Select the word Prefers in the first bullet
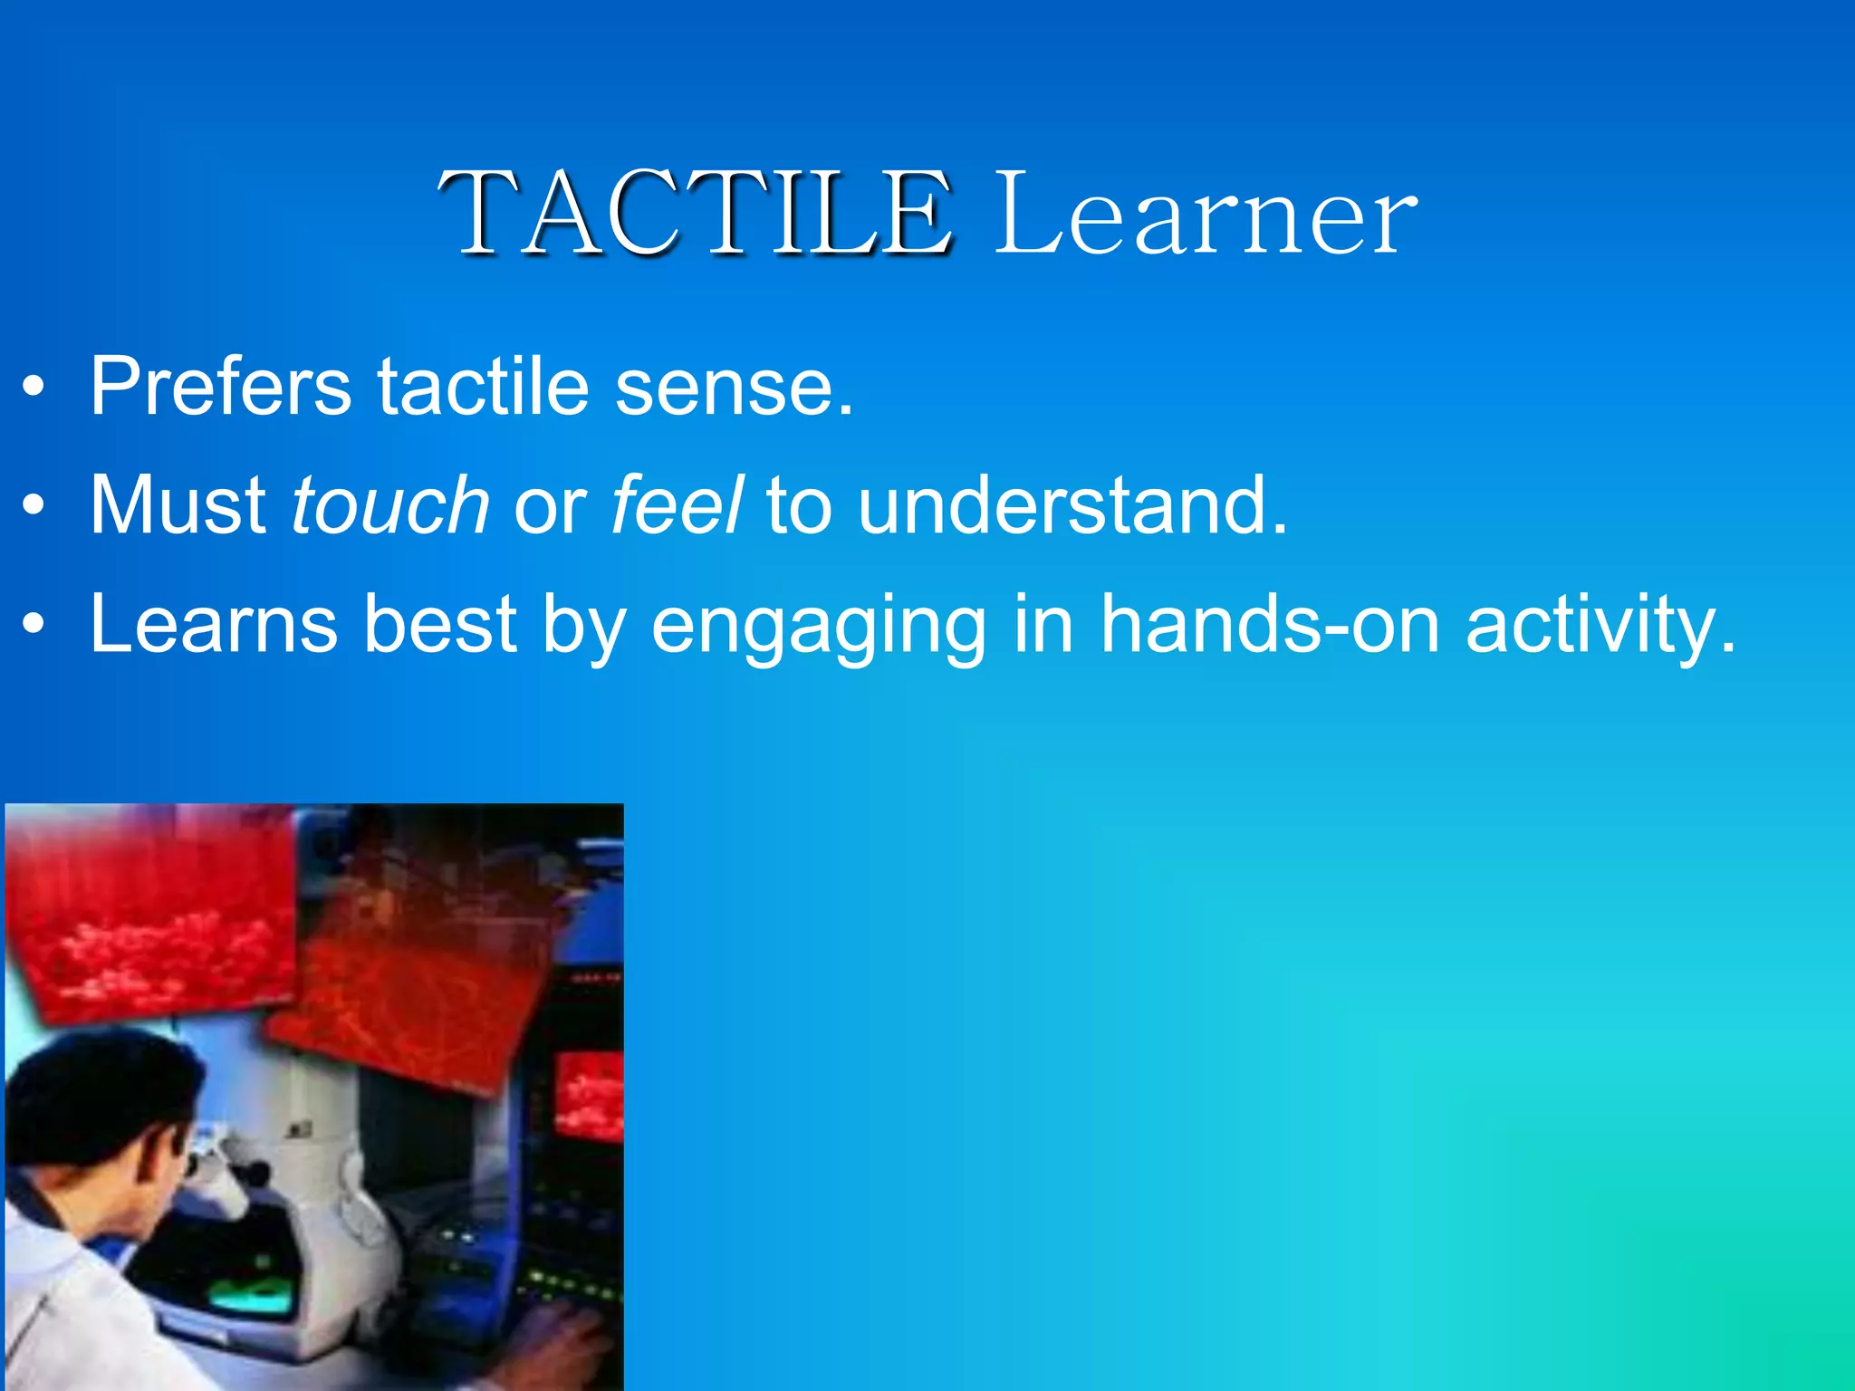tap(220, 388)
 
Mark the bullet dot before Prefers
tap(34, 389)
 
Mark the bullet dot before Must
tap(34, 507)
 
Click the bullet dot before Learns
tap(34, 625)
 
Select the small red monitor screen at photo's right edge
tap(589, 1096)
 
